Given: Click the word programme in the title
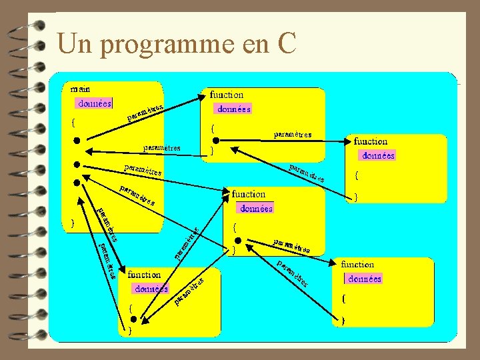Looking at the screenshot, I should (x=158, y=45).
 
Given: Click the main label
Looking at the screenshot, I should (x=81, y=88).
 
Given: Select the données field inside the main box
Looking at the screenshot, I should (x=95, y=103).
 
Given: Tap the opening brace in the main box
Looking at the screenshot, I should (x=73, y=123).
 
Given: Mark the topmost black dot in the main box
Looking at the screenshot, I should (x=77, y=141).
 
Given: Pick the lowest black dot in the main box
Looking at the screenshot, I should (x=77, y=182).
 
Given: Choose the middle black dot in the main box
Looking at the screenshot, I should (x=77, y=164).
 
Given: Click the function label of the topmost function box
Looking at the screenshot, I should (x=227, y=95).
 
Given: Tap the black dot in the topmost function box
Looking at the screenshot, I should (x=215, y=140).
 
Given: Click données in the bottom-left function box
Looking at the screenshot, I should (x=151, y=289).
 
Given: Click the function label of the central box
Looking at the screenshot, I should (x=249, y=194).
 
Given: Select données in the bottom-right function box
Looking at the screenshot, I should (x=364, y=279).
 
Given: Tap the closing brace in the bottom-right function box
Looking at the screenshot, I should (x=343, y=321).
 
